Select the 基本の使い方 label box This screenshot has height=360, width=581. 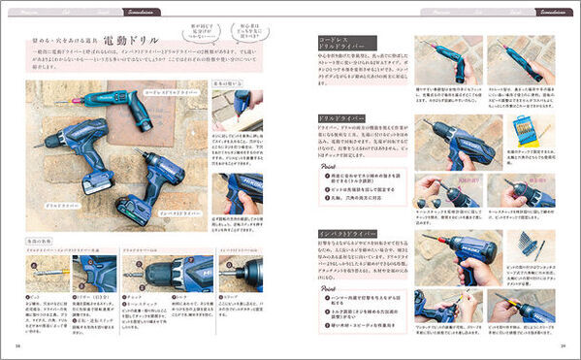coord(224,83)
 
